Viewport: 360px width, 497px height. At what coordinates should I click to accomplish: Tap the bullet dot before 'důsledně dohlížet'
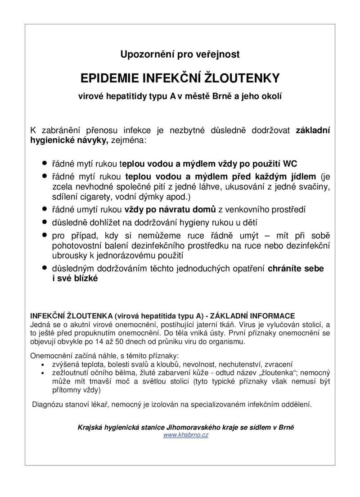point(44,222)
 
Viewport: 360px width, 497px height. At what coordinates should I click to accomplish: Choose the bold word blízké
point(81,278)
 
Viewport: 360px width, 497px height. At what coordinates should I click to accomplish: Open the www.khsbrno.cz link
point(185,435)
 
